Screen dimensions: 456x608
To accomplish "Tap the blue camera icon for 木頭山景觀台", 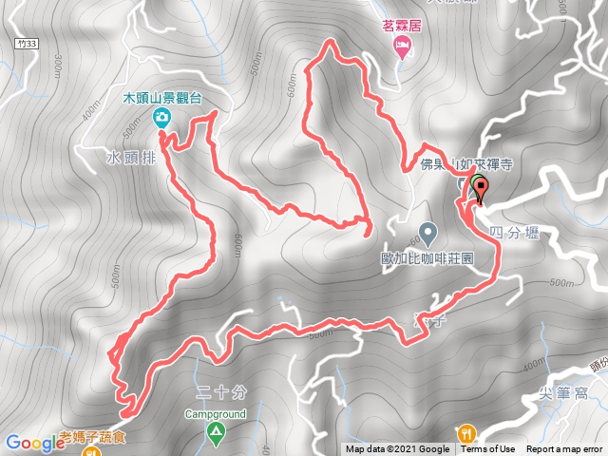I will [x=161, y=117].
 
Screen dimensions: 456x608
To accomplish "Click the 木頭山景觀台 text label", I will [x=162, y=98].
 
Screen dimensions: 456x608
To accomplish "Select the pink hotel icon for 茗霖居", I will [x=402, y=47].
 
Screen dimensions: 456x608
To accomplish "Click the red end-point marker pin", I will [x=480, y=192].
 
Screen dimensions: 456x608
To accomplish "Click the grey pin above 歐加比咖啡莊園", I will [x=427, y=231].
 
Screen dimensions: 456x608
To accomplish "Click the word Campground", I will [x=215, y=414].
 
